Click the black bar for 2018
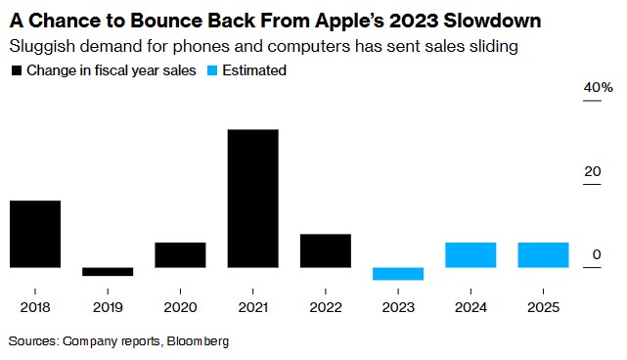coord(35,234)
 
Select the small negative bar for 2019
coord(108,272)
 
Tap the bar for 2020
coord(180,254)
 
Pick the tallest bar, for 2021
coord(253,199)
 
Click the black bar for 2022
coord(326,250)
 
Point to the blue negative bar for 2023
coord(398,274)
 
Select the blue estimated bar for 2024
coord(470,254)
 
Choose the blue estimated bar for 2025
coord(543,254)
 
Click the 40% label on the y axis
coord(598,87)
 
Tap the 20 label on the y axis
coord(592,171)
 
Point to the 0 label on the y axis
coord(597,254)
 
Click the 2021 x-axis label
coord(253,307)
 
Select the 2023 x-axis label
coord(398,307)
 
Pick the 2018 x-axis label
coord(35,307)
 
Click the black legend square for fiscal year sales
coord(17,70)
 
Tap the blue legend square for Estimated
coord(212,70)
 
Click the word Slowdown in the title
coord(492,21)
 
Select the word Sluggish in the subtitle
coord(42,47)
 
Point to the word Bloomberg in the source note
coord(198,341)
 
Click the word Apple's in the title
coord(349,22)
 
